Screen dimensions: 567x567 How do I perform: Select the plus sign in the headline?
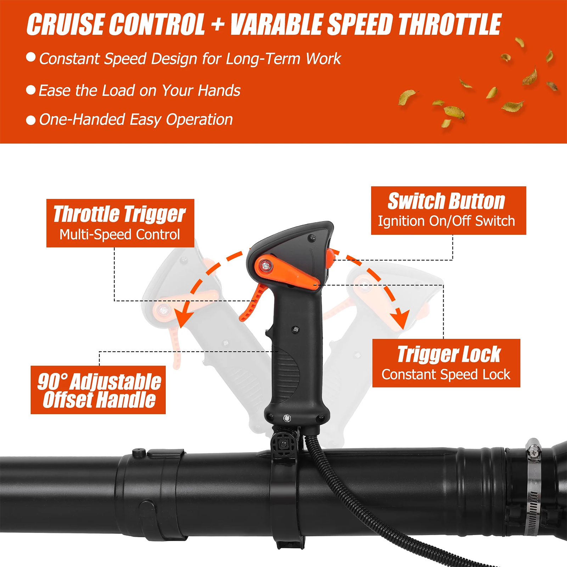pyautogui.click(x=218, y=25)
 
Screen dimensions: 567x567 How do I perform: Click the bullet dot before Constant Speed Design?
pyautogui.click(x=31, y=57)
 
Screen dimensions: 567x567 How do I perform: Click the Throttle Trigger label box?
pyautogui.click(x=120, y=223)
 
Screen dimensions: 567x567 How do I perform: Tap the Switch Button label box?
pyautogui.click(x=448, y=210)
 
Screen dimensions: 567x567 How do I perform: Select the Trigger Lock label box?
pyautogui.click(x=446, y=363)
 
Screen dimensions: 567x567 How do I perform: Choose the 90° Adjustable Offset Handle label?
pyautogui.click(x=98, y=390)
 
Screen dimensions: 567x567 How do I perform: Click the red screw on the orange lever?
pyautogui.click(x=265, y=265)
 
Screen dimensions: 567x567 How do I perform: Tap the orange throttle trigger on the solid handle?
pyautogui.click(x=252, y=303)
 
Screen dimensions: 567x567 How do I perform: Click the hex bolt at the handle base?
pyautogui.click(x=287, y=418)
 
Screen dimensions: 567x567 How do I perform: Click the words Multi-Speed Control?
pyautogui.click(x=120, y=234)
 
